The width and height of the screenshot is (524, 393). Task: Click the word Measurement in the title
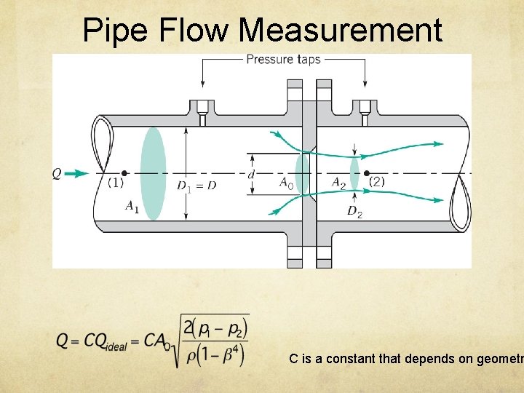click(x=340, y=31)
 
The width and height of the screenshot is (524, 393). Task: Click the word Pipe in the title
click(x=109, y=31)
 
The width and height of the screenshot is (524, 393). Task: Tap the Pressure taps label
click(x=283, y=60)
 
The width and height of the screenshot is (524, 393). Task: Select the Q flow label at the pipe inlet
click(x=57, y=174)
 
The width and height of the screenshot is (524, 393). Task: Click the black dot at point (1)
click(x=124, y=173)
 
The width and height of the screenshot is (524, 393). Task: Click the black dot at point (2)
click(x=366, y=173)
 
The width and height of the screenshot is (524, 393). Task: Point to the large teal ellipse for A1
click(x=153, y=173)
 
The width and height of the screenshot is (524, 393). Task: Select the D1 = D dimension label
click(x=196, y=186)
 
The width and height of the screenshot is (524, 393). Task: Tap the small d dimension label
click(x=251, y=175)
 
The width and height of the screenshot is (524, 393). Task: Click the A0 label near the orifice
click(x=287, y=183)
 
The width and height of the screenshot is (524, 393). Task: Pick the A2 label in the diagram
click(x=338, y=183)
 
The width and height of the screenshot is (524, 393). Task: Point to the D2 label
click(x=354, y=213)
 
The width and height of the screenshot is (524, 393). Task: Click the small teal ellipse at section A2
click(x=354, y=173)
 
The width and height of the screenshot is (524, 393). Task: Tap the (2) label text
click(x=377, y=182)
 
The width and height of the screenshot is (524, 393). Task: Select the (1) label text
click(x=115, y=183)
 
